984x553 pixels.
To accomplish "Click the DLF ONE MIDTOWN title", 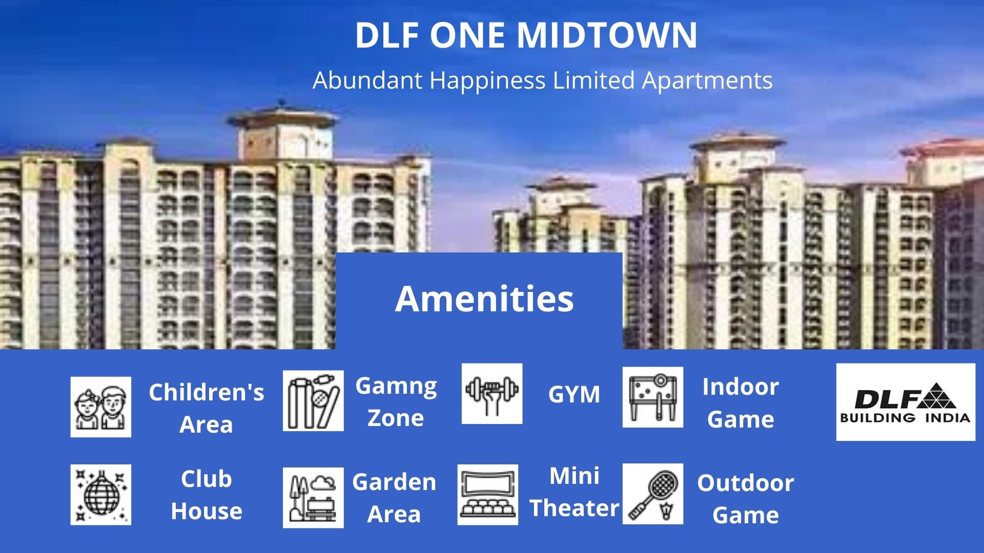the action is (526, 35).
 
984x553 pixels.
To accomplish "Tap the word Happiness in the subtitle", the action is (487, 81).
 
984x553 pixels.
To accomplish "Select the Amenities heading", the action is (484, 299).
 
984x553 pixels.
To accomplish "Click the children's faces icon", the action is (101, 407).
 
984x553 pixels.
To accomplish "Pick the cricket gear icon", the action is (313, 400).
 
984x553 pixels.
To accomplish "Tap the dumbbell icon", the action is (492, 394).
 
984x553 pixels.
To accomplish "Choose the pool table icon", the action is (653, 397).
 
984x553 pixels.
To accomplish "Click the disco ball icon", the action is (101, 495).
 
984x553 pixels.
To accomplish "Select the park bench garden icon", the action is (313, 497).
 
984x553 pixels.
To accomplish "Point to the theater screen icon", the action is (488, 495).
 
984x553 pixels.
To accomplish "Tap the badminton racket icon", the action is (653, 494).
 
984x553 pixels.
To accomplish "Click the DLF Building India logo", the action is (906, 402).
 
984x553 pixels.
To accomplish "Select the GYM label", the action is (574, 395).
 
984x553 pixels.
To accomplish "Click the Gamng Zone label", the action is (396, 402).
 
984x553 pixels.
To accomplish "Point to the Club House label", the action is (207, 495).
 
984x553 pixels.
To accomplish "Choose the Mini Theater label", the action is (575, 492).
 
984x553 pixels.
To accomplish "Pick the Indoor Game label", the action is (741, 403).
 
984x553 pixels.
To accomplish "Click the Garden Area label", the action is (394, 498).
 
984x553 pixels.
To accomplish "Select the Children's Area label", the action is (207, 409).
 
